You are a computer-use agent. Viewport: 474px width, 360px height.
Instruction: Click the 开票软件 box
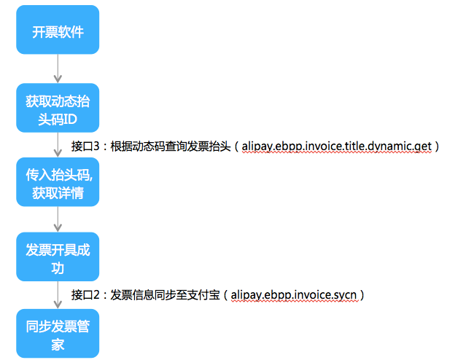pos(58,32)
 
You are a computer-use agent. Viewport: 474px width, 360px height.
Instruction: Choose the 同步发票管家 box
pos(58,334)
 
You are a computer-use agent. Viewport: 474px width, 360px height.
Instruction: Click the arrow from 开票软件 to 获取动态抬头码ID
pos(58,69)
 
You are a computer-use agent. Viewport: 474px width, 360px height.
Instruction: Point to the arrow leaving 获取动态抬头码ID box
pos(58,145)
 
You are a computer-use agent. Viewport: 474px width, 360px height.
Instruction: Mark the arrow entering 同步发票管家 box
pos(58,296)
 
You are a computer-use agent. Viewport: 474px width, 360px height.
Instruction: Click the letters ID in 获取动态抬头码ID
pos(71,119)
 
